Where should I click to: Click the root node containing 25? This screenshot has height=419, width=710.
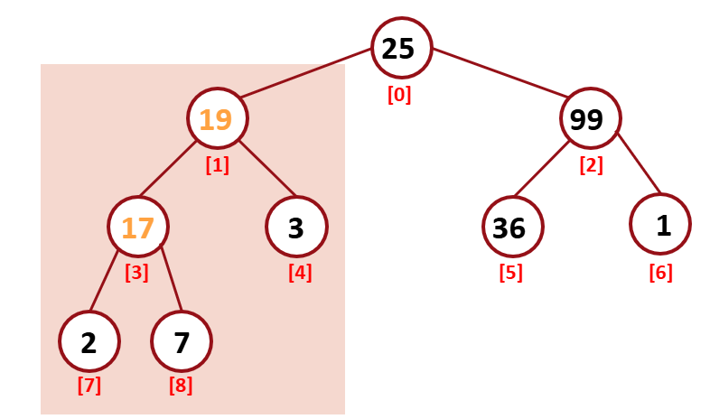[401, 49]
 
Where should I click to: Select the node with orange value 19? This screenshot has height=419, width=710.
[217, 119]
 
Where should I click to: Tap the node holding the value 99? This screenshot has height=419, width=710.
[590, 119]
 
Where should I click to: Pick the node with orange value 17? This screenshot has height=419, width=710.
[137, 227]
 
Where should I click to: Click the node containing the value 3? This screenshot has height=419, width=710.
[296, 227]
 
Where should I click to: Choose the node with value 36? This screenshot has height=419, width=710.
[510, 227]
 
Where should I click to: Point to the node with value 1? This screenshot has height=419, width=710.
[661, 225]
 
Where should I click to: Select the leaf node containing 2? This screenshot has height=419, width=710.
[89, 342]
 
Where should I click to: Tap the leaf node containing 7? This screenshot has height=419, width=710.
[182, 342]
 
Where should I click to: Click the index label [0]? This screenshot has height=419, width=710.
[399, 95]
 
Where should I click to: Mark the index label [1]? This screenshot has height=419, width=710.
[217, 166]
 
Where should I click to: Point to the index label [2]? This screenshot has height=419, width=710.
[591, 166]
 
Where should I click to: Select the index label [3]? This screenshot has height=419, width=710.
[137, 272]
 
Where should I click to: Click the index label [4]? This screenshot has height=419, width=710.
[300, 272]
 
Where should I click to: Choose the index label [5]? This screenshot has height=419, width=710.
[511, 272]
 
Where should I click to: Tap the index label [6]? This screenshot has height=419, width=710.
[660, 272]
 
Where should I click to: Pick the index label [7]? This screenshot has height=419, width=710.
[89, 386]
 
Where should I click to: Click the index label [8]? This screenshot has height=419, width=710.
[181, 386]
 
